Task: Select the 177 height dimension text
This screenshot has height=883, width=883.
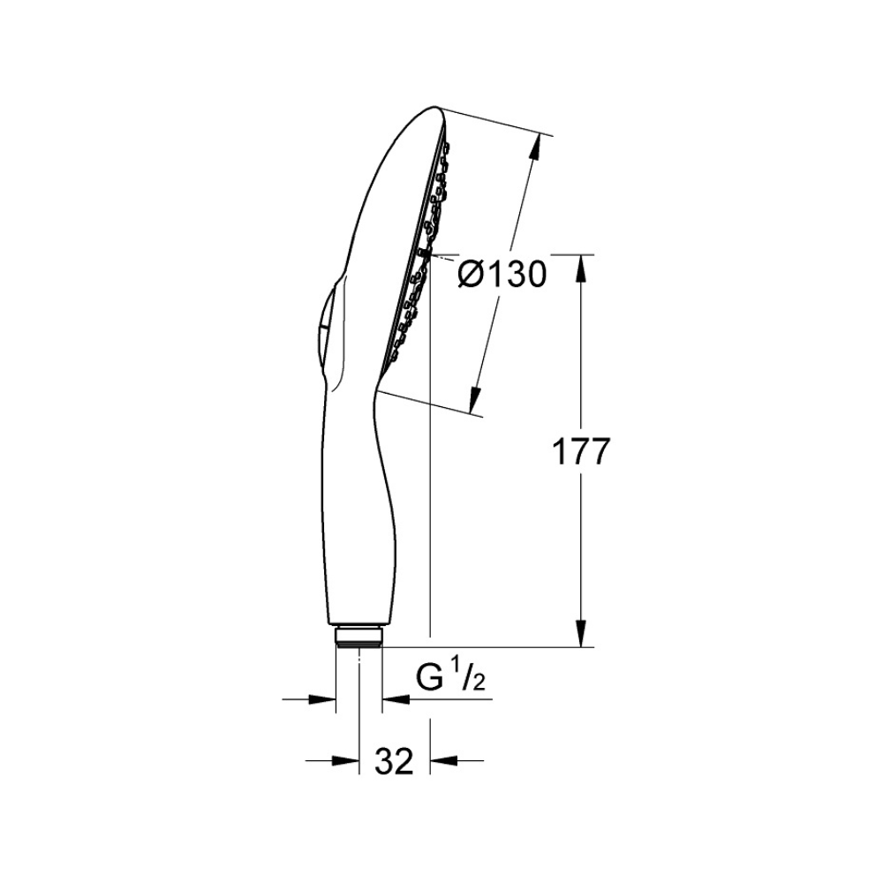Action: [x=581, y=451]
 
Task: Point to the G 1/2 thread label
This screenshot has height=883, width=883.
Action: [x=450, y=677]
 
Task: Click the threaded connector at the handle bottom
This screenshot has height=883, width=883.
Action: [x=358, y=636]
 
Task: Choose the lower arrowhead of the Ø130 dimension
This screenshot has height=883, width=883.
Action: [x=476, y=401]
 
